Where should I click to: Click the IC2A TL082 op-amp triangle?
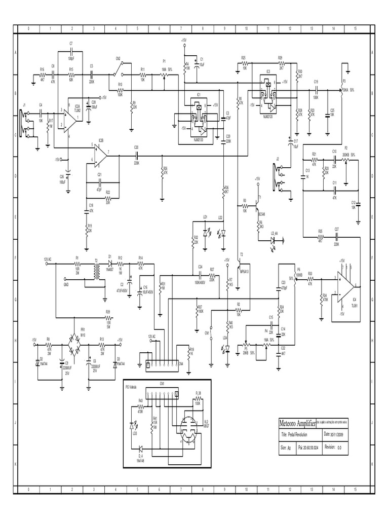(x=71, y=119)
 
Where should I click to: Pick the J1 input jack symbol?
(x=23, y=122)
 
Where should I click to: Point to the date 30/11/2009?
(x=340, y=434)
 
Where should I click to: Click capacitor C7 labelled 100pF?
(x=71, y=52)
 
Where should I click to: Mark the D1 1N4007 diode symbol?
(x=110, y=264)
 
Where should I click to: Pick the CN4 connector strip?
(x=162, y=363)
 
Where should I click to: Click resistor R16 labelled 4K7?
(x=42, y=74)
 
